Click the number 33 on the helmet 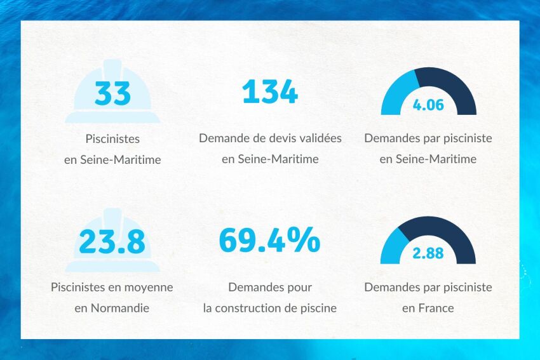[x=112, y=93]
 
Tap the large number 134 [x=270, y=92]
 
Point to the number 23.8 [x=112, y=241]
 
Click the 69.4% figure [x=269, y=240]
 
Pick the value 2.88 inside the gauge [x=428, y=253]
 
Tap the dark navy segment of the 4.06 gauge [x=452, y=86]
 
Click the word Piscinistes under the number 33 [x=112, y=138]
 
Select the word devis [x=270, y=138]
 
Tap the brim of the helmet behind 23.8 [x=112, y=265]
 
